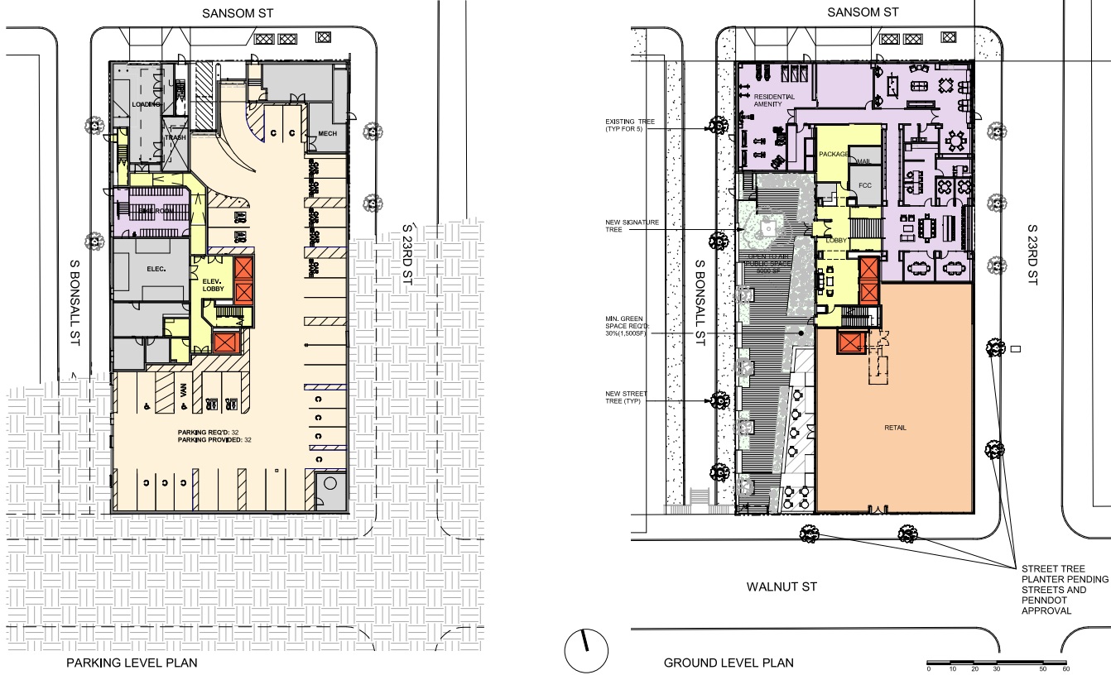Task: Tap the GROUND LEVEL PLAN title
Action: [729, 663]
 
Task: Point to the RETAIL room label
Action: [895, 428]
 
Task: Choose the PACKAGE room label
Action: [834, 155]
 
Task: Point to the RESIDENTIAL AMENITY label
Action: [775, 101]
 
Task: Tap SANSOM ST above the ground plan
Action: [863, 12]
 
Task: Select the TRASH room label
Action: [176, 138]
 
